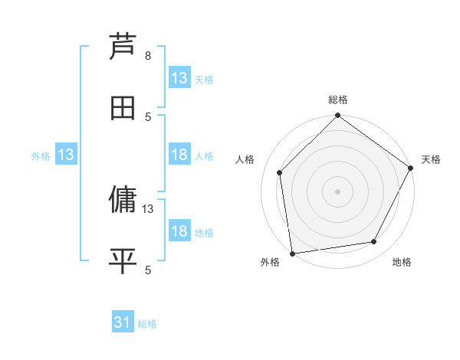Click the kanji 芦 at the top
click(123, 47)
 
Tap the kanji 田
click(123, 108)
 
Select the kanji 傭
click(123, 201)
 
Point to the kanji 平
click(123, 261)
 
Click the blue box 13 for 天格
click(179, 78)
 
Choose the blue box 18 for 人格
click(179, 155)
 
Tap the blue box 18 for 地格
click(179, 231)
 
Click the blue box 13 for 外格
click(66, 155)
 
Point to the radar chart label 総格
click(338, 100)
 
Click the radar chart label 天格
click(431, 159)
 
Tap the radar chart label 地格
click(402, 263)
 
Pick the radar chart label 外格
click(270, 263)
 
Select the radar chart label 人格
click(245, 159)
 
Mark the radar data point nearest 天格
click(411, 169)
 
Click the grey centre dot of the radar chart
click(337, 191)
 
